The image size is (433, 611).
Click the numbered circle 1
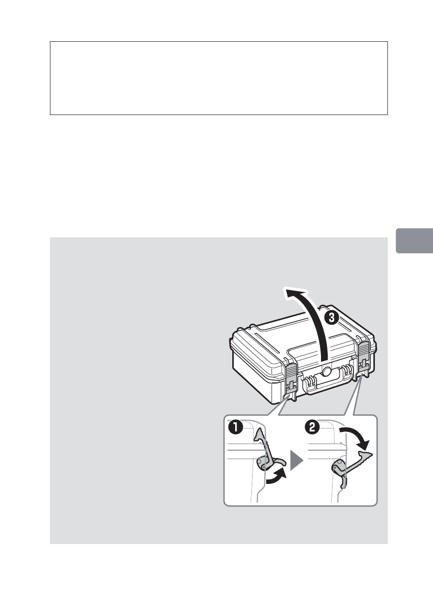point(237,428)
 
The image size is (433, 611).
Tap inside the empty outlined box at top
point(219,78)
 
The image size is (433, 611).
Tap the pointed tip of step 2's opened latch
point(370,454)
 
